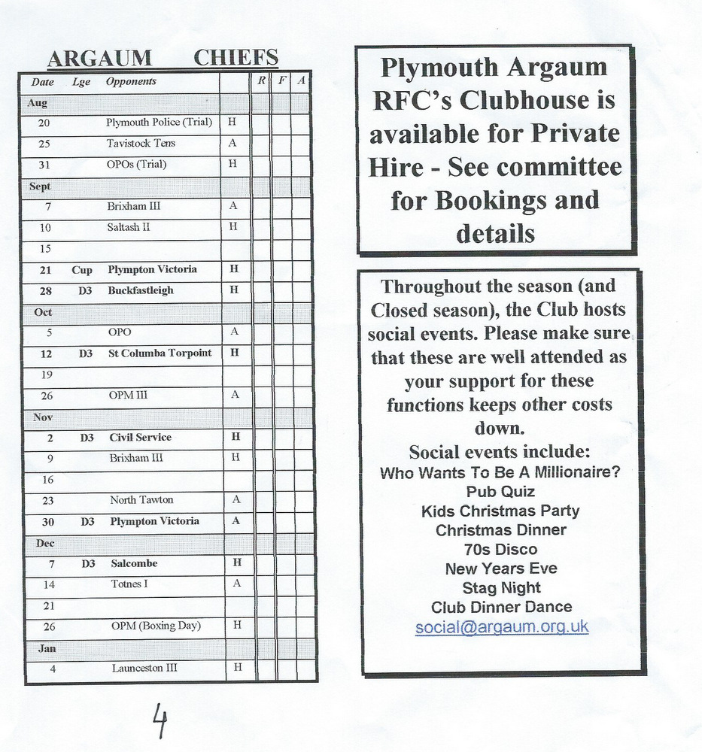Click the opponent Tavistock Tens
coord(141,143)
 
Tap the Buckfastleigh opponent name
coord(141,290)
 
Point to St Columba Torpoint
coord(160,353)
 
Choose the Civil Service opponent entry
coord(141,437)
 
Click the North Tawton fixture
coord(141,499)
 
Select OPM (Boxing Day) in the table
coord(156,626)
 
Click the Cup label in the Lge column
coord(82,269)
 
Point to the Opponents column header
coord(131,81)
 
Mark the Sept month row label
coord(40,186)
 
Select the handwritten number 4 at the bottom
coord(159,720)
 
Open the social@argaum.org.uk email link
coord(502,626)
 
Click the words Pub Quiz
coord(500,492)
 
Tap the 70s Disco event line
coord(500,549)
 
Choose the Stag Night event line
coord(501,587)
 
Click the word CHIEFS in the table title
coord(236,59)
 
